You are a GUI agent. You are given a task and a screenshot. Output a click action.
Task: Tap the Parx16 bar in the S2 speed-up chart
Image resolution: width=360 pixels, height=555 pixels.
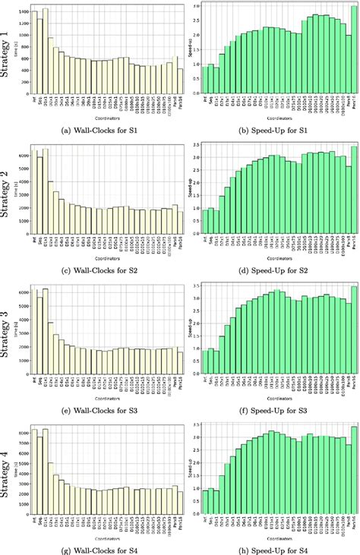[353, 194]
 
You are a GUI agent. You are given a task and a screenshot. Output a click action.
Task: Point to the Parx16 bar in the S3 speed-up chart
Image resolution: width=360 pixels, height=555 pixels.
[353, 333]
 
